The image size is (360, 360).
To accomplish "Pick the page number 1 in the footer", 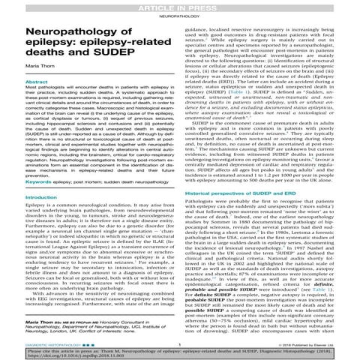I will point(180,337).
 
